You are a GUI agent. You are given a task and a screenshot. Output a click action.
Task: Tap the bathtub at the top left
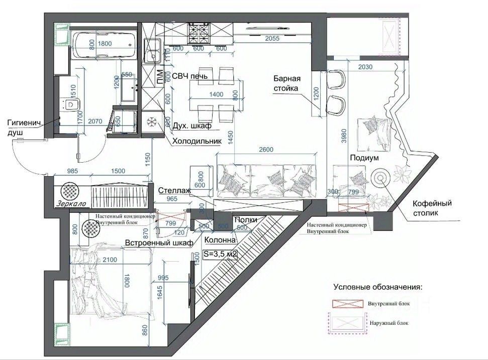pyautogui.click(x=105, y=46)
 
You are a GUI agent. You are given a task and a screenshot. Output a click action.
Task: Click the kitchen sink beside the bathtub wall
pyautogui.click(x=152, y=50)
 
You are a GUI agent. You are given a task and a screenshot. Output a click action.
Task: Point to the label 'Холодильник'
pyautogui.click(x=197, y=142)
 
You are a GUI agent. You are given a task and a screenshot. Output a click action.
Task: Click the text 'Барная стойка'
pyautogui.click(x=287, y=83)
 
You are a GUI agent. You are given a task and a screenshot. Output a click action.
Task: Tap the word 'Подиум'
pyautogui.click(x=364, y=158)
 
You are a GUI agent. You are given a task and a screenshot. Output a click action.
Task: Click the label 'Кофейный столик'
pyautogui.click(x=432, y=208)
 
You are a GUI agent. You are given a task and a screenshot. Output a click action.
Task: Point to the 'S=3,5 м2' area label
pyautogui.click(x=220, y=255)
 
